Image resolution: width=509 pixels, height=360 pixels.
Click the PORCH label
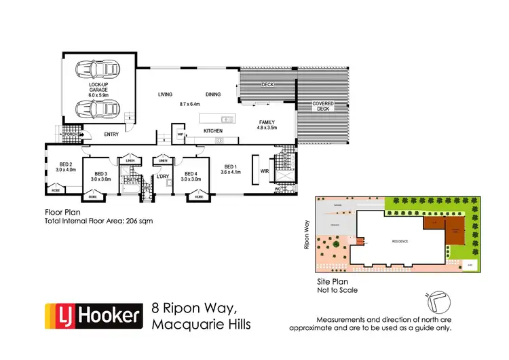point(69,134)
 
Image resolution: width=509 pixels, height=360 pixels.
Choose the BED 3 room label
point(102,177)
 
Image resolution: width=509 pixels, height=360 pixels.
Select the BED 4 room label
point(191,177)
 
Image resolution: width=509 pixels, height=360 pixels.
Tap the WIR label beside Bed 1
point(265,171)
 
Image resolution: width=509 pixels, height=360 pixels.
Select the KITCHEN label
point(214,130)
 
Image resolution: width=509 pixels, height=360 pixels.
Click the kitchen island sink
point(227,120)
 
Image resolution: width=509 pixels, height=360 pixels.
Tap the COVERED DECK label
point(322,106)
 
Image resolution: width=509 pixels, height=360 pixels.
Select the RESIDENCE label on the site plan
point(400,241)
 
